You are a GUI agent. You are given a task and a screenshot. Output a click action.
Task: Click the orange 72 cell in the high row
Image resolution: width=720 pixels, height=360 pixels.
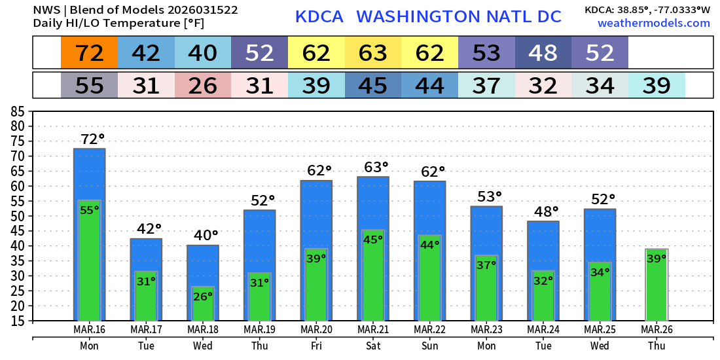click(90, 53)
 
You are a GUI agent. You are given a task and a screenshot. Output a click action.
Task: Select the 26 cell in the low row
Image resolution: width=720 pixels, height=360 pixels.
click(203, 85)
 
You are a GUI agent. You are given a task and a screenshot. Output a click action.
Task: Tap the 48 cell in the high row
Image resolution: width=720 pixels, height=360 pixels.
click(543, 53)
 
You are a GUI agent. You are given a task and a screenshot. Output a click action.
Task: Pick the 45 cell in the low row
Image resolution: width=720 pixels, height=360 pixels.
click(373, 85)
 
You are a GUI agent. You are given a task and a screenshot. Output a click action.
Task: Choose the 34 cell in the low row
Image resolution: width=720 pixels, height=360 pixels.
click(600, 85)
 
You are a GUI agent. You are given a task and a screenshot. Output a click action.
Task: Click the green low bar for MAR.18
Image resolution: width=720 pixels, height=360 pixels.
click(203, 304)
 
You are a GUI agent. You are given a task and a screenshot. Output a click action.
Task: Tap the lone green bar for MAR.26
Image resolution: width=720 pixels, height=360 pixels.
click(657, 285)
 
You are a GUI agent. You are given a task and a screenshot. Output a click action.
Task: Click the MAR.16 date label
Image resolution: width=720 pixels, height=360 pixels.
click(90, 330)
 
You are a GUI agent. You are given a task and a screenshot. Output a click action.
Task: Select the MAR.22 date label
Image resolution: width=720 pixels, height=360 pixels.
click(430, 330)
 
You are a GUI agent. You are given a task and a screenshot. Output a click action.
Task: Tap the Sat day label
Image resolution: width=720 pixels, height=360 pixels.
click(373, 346)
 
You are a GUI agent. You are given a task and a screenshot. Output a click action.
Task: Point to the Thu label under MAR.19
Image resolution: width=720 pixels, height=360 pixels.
click(259, 346)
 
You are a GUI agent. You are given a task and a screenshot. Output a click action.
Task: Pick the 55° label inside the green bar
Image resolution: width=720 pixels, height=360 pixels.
click(90, 210)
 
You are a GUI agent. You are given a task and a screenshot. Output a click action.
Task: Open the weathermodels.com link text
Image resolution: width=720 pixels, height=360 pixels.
click(653, 23)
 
